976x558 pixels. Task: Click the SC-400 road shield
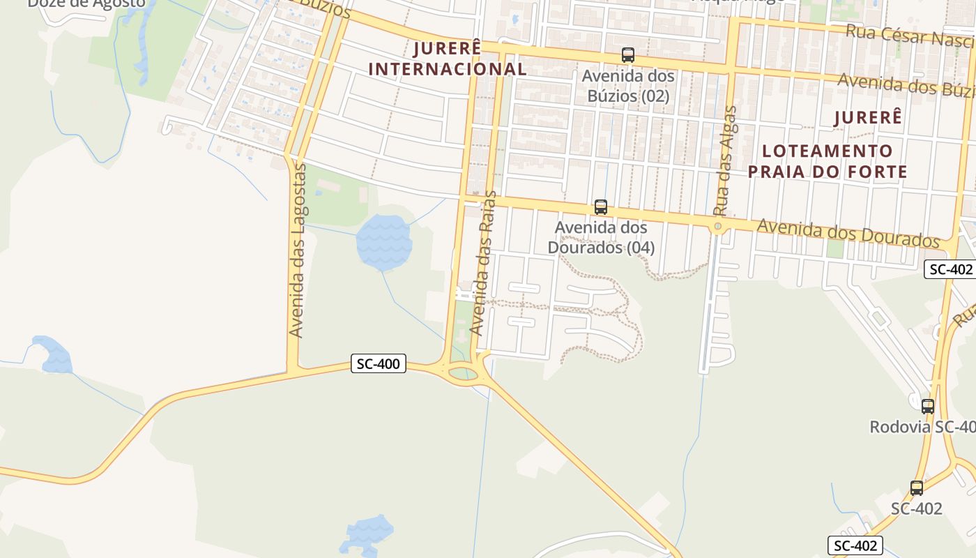(378, 363)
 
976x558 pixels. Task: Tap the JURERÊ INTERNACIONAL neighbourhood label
(447, 59)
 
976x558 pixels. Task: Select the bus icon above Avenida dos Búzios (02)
(627, 55)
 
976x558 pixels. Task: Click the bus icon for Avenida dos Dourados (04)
(600, 207)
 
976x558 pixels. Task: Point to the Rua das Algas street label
(725, 160)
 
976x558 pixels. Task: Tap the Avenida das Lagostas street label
(298, 251)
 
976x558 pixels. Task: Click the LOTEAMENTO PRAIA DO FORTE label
(828, 161)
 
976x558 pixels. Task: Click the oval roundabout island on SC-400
(464, 374)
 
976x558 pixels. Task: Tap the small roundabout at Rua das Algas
(717, 227)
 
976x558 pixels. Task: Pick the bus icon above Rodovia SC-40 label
(927, 406)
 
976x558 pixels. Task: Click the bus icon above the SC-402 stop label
(916, 488)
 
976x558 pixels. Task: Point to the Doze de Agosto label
(86, 3)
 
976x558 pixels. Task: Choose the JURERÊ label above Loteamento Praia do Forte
(868, 118)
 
